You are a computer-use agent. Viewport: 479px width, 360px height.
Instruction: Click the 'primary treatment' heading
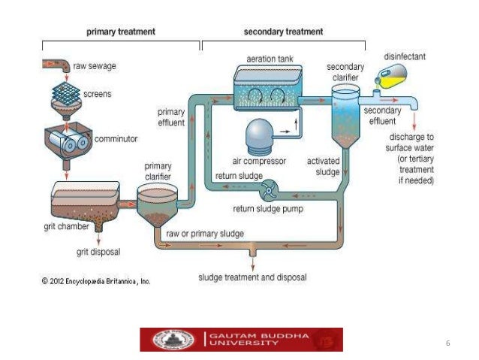pyautogui.click(x=121, y=32)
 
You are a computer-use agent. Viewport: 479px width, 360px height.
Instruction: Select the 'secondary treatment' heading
pyautogui.click(x=284, y=32)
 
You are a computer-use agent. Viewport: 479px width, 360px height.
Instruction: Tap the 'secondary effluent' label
pyautogui.click(x=382, y=114)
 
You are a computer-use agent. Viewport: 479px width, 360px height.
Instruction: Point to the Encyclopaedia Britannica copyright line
pyautogui.click(x=96, y=281)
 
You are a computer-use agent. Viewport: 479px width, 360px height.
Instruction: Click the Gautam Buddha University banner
pyautogui.click(x=241, y=339)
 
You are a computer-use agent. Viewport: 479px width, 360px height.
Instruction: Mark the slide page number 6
pyautogui.click(x=447, y=343)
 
